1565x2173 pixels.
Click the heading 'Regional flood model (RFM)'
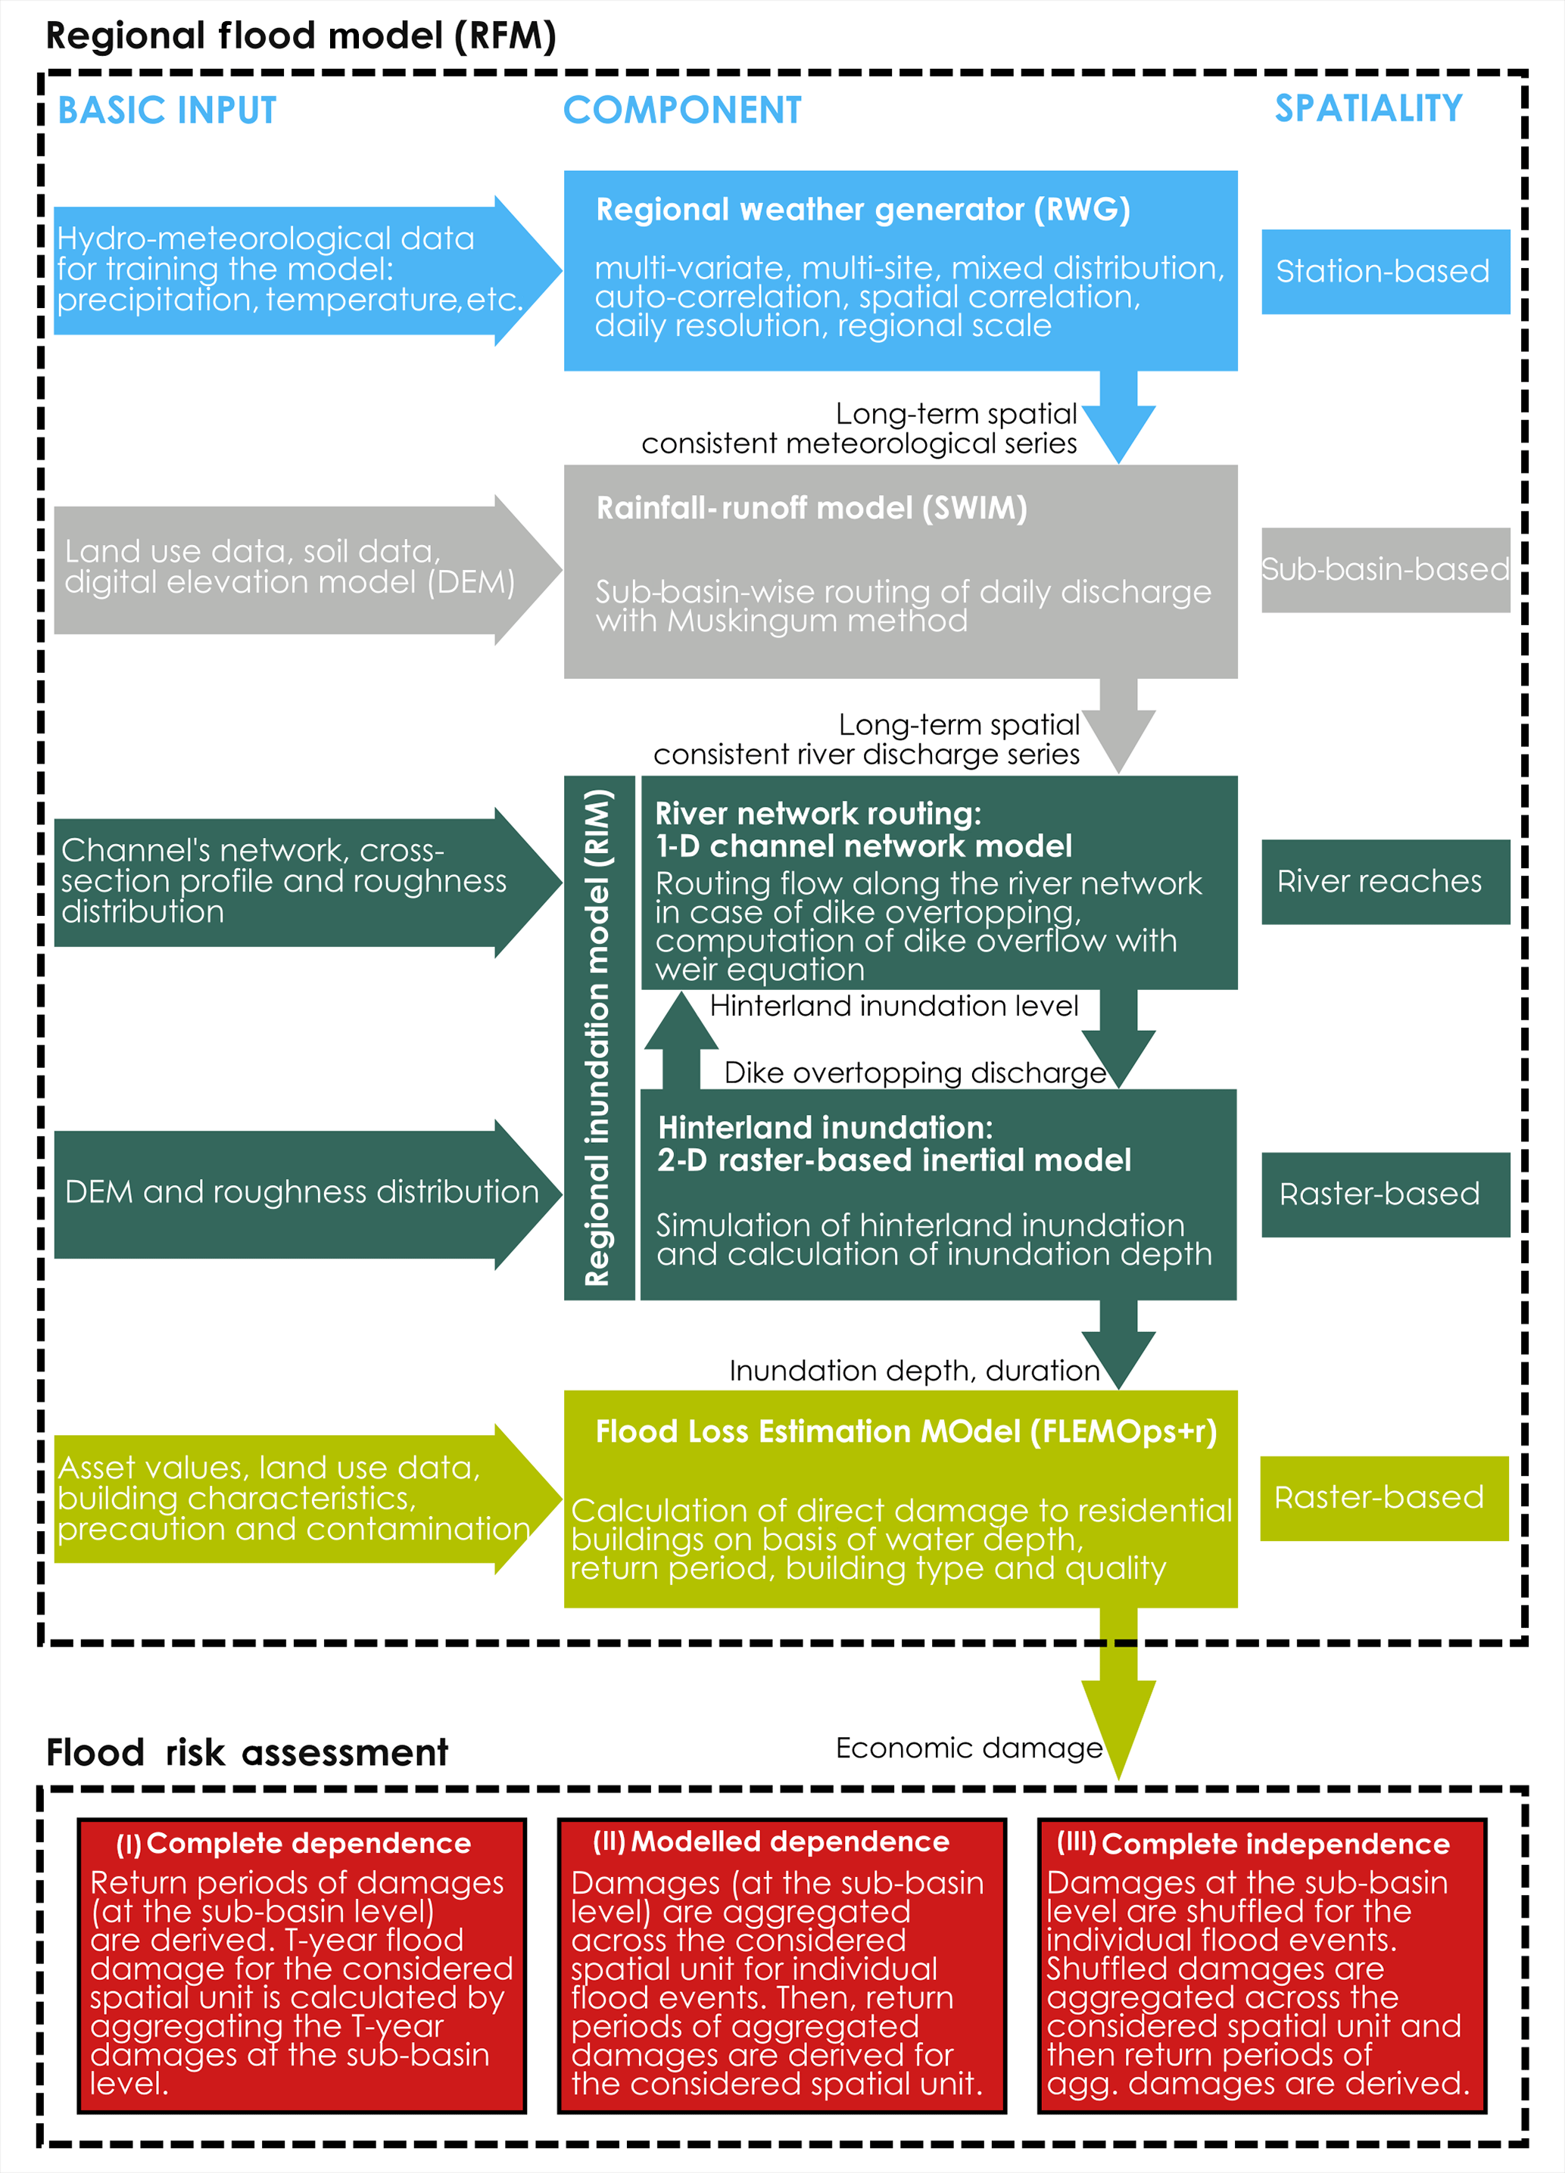click(301, 36)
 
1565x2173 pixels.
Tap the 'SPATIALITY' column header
click(1367, 108)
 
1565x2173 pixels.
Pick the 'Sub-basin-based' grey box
click(1384, 569)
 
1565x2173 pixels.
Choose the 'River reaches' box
click(1384, 882)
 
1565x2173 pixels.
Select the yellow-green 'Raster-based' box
click(1383, 1498)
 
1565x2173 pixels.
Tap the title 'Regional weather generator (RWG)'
click(862, 210)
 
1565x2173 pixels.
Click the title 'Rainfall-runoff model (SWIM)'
click(811, 508)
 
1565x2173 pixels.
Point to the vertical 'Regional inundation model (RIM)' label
click(598, 1037)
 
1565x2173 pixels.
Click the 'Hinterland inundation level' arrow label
click(893, 1006)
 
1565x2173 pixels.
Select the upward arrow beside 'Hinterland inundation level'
click(681, 1039)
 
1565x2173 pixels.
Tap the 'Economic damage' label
click(968, 1748)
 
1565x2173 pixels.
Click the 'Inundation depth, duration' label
click(913, 1371)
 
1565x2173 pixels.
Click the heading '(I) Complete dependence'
click(293, 1845)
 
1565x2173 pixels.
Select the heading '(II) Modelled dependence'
click(771, 1842)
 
